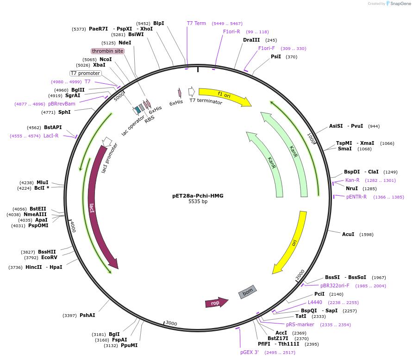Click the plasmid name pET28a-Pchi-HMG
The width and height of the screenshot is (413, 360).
198,196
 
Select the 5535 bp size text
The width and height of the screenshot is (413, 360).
198,202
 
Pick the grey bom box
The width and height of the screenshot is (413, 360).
248,292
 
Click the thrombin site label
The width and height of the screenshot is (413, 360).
107,51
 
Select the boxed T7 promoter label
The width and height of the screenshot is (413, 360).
85,73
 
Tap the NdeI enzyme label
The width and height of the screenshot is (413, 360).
125,43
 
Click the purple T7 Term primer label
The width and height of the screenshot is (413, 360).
196,23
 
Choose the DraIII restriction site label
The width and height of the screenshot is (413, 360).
251,40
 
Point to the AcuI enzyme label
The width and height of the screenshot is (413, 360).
348,234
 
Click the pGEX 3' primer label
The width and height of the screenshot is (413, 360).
250,352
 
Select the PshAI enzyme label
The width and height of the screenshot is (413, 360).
87,315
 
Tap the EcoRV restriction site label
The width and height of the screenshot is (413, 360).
49,257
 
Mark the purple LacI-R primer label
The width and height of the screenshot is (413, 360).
51,136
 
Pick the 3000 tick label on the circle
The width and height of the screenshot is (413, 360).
171,323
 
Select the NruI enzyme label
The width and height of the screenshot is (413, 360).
352,188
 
